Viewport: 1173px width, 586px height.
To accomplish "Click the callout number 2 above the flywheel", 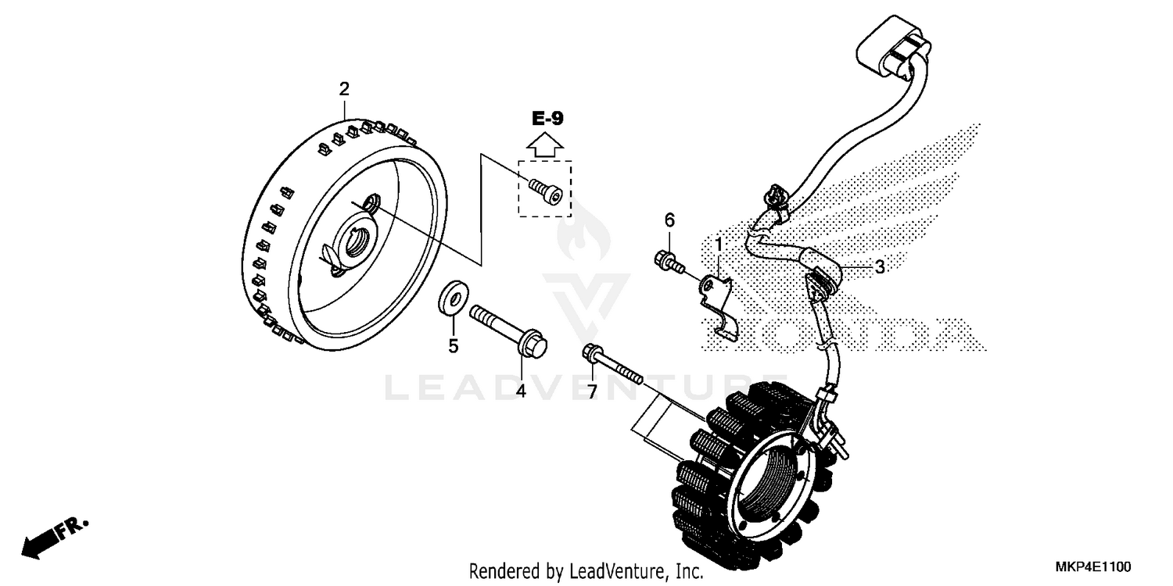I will [x=343, y=88].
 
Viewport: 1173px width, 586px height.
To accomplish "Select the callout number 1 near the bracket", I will [x=719, y=245].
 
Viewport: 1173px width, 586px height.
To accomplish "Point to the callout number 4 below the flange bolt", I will [x=521, y=388].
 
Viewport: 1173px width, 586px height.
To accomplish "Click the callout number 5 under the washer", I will [x=453, y=346].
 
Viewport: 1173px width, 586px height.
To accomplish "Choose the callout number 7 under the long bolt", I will [x=592, y=390].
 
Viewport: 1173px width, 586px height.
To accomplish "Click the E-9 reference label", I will [x=547, y=119].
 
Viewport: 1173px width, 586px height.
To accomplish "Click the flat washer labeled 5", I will [x=453, y=299].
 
